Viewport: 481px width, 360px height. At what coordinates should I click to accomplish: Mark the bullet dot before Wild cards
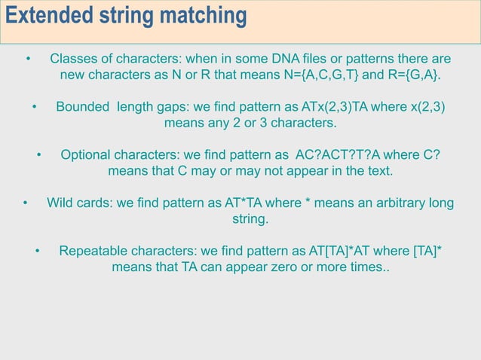(25, 203)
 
